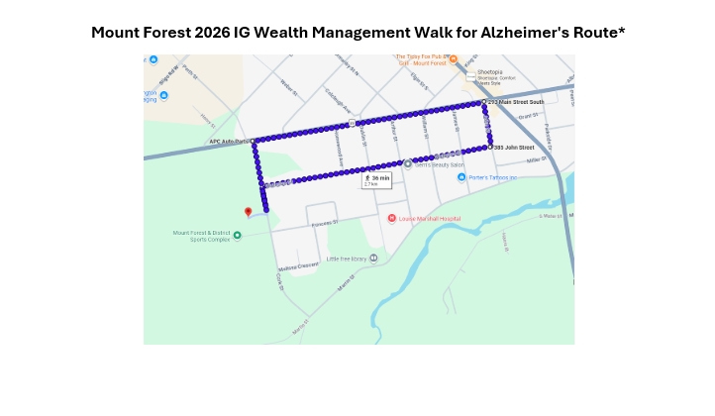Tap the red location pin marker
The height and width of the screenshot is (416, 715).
click(x=248, y=211)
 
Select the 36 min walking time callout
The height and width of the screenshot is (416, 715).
click(x=376, y=180)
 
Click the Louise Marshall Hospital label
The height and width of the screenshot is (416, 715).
click(x=427, y=218)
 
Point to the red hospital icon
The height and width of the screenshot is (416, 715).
click(x=392, y=218)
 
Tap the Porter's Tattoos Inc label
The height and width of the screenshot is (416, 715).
click(x=493, y=177)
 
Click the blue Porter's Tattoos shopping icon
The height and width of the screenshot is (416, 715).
click(x=461, y=177)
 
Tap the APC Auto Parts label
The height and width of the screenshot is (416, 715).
click(x=230, y=141)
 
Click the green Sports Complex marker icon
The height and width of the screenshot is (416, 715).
click(x=237, y=235)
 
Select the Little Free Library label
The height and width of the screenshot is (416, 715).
click(x=347, y=258)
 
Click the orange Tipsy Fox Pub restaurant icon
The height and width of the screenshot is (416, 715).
click(x=453, y=59)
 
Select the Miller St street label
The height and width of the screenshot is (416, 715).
click(x=536, y=159)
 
